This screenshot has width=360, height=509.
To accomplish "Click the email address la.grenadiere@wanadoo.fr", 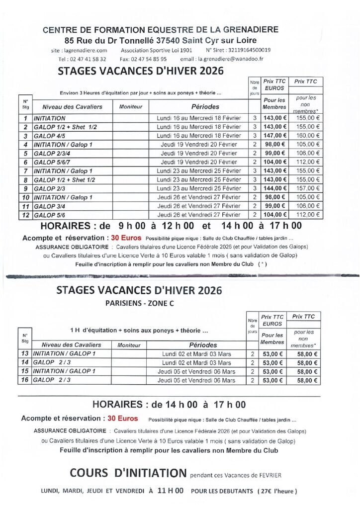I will click(x=229, y=59).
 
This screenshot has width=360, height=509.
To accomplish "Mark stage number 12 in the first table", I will click(x=25, y=215).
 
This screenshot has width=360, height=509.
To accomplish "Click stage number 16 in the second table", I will click(x=24, y=381).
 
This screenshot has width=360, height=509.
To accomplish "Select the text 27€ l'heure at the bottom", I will click(x=277, y=491).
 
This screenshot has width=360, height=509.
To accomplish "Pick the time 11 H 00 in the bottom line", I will click(x=170, y=491).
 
